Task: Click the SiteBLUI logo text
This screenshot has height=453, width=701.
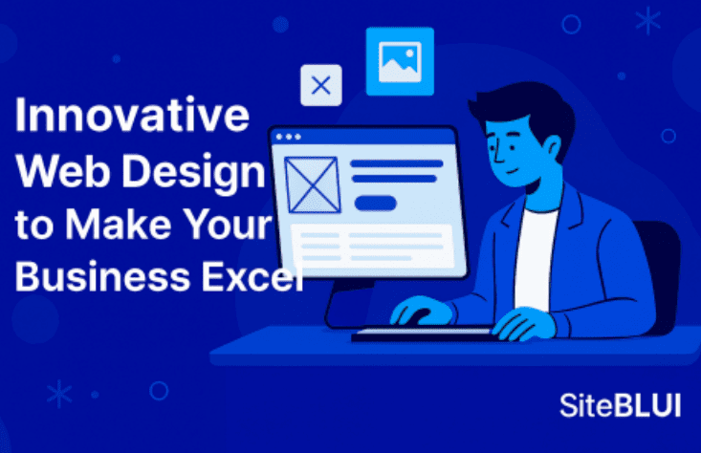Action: pyautogui.click(x=620, y=404)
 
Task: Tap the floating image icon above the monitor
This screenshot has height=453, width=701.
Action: pyautogui.click(x=400, y=62)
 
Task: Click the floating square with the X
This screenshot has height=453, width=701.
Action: pyautogui.click(x=321, y=86)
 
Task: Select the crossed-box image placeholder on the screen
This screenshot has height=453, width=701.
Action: pyautogui.click(x=313, y=184)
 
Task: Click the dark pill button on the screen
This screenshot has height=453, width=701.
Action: pyautogui.click(x=376, y=203)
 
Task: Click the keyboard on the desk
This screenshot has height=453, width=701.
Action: pyautogui.click(x=422, y=334)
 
